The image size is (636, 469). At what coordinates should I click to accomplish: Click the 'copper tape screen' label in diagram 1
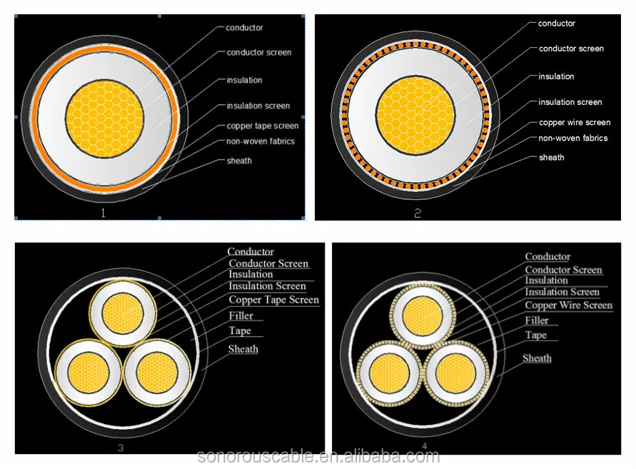(263, 126)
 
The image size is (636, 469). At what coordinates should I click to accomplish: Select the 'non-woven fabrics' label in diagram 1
(261, 141)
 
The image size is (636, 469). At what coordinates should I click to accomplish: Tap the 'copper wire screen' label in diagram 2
(575, 122)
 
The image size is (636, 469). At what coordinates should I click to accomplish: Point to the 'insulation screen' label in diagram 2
(570, 102)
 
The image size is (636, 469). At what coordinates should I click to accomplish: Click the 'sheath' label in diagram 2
(551, 158)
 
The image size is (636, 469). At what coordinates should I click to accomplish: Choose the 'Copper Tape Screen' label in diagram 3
(274, 300)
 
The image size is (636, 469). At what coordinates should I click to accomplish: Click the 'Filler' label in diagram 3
(241, 316)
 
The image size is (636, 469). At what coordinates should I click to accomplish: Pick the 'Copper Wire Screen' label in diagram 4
(569, 305)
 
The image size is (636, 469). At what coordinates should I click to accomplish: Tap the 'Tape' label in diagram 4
(536, 335)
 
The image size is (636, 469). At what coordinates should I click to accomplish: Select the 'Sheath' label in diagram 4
(537, 358)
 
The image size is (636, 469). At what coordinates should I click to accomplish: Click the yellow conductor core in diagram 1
(105, 118)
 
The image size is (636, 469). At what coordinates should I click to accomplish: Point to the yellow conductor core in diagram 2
(415, 116)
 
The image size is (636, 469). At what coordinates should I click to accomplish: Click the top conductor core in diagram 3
(123, 313)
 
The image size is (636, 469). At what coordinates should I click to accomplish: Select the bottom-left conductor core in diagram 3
(89, 373)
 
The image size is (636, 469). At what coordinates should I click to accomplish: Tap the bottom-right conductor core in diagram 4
(456, 373)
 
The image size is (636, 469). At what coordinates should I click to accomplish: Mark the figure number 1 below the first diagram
(103, 213)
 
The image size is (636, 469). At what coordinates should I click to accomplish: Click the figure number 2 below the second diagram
(418, 213)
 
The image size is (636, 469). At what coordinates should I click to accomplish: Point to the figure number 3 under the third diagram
(121, 448)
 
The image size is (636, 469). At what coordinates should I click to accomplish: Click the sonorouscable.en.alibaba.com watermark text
(318, 457)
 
